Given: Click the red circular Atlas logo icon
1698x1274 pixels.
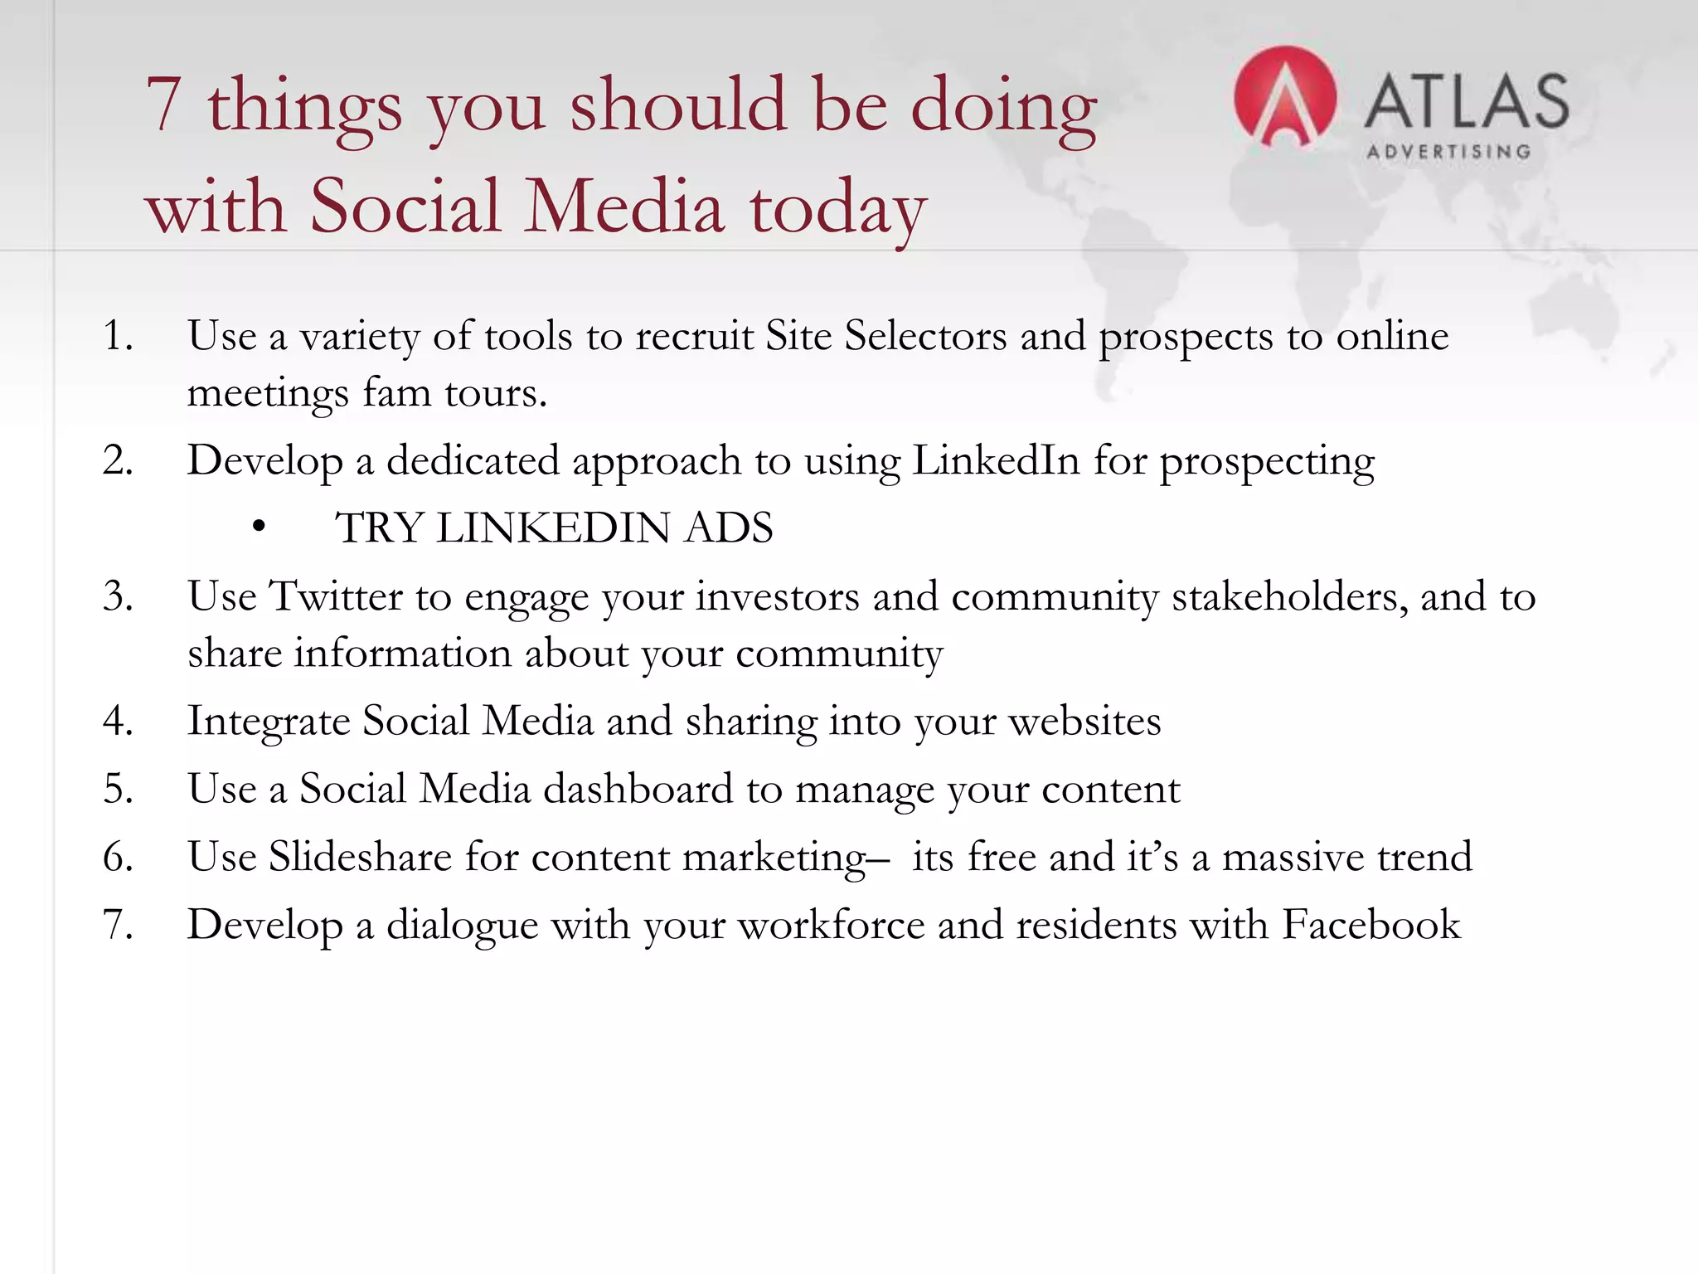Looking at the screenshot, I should tap(1284, 97).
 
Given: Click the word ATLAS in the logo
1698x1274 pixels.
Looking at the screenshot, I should tap(1467, 101).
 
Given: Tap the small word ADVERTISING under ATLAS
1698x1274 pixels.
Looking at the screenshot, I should tap(1448, 152).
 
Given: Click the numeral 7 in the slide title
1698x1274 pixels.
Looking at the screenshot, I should tap(163, 105).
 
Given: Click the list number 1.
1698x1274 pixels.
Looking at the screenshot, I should tap(117, 336).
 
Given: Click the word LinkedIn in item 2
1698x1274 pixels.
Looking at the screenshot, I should tap(996, 460).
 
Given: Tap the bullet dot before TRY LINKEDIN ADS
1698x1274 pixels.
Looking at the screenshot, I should tap(260, 527).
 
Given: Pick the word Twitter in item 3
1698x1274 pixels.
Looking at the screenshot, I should tap(337, 596).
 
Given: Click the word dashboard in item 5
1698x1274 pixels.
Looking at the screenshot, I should tap(638, 789).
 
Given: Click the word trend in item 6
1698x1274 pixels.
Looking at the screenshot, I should tap(1424, 857).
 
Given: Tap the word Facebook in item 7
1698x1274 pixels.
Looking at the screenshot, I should tap(1371, 925).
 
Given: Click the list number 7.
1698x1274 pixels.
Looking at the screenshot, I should tap(117, 925).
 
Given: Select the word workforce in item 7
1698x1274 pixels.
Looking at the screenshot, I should tap(831, 925).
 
